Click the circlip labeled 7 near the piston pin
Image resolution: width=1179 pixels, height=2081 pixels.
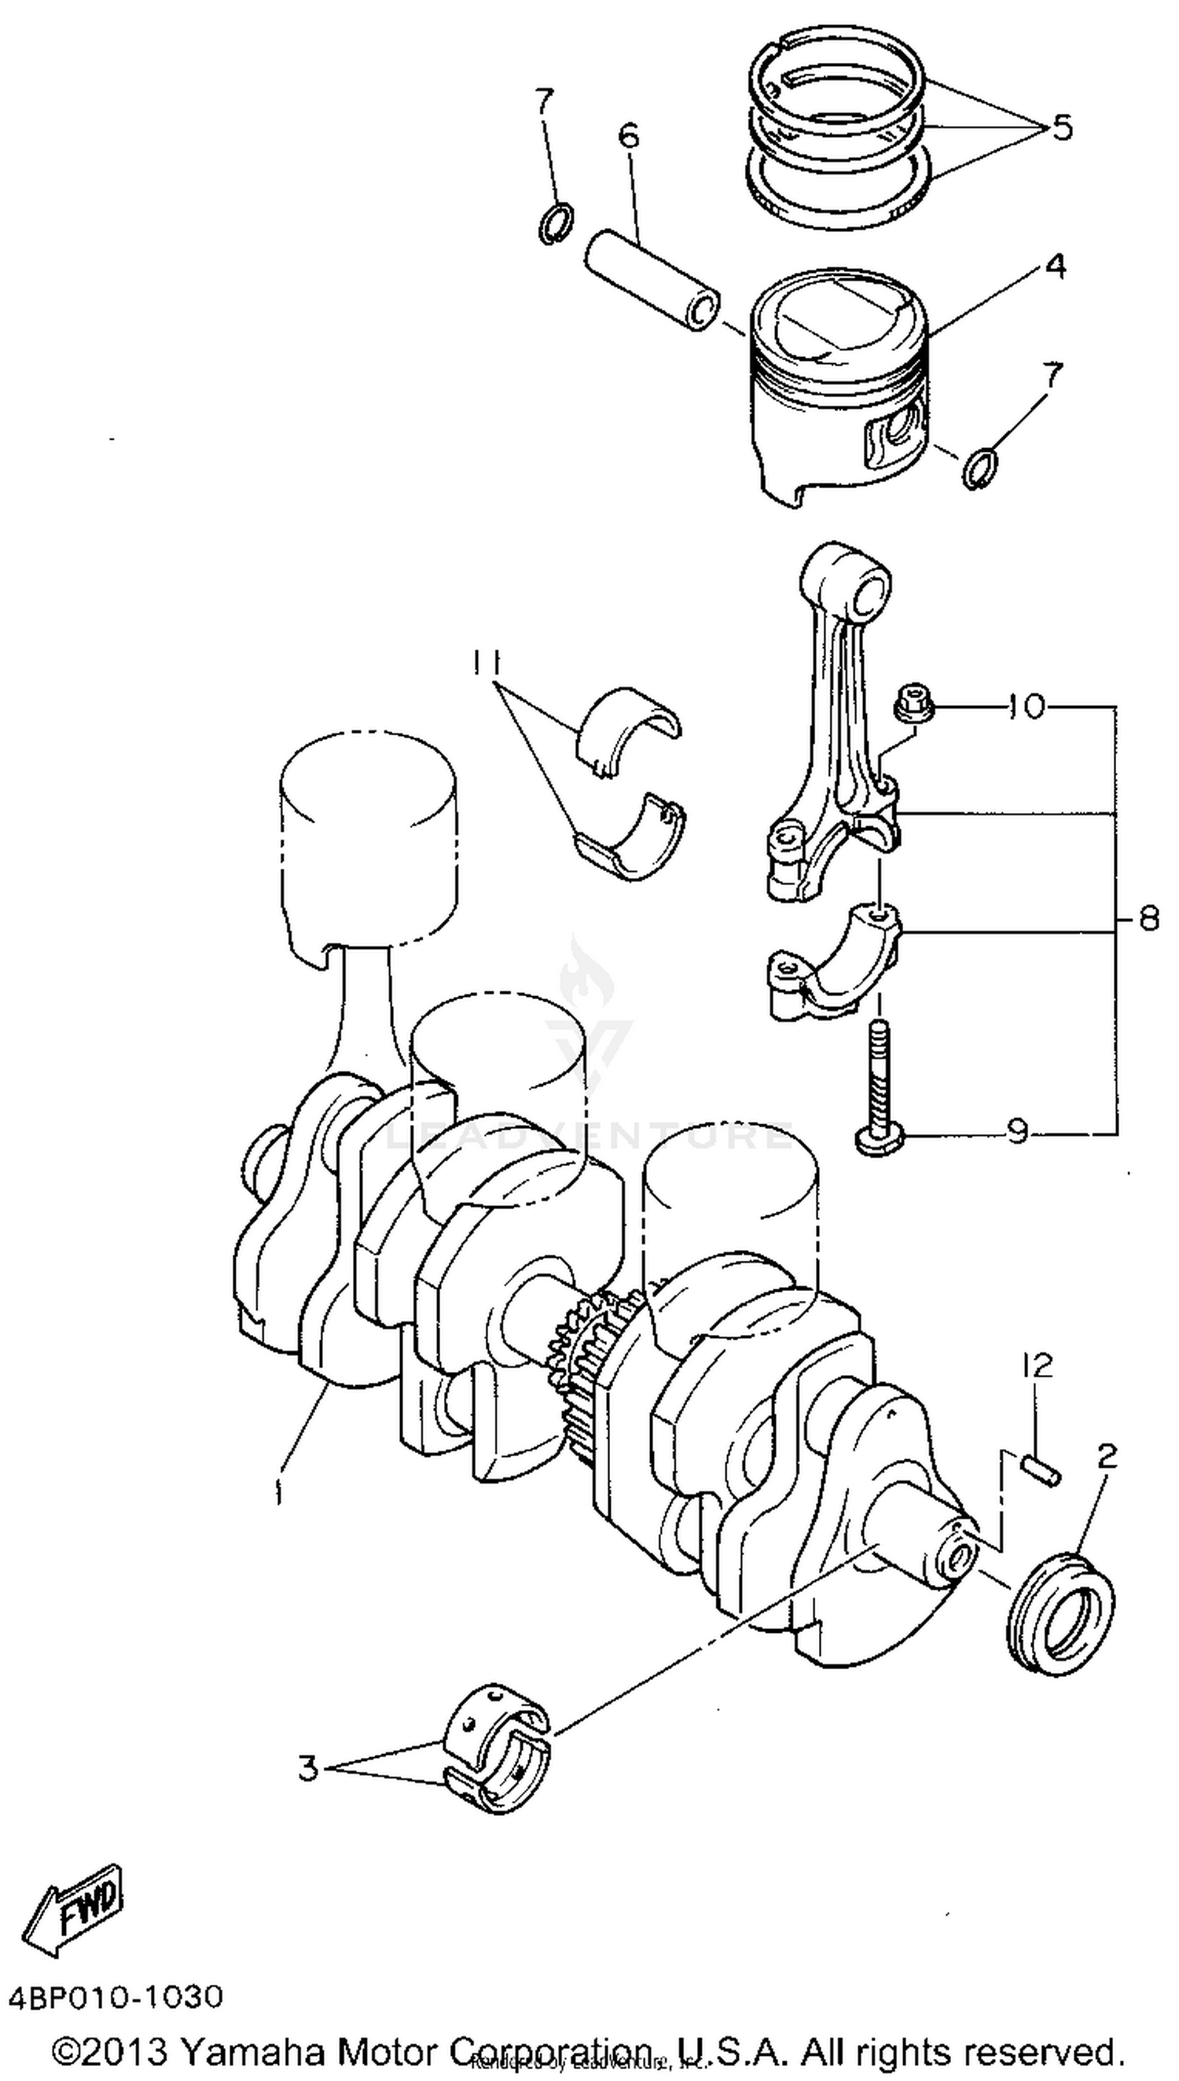coord(557,224)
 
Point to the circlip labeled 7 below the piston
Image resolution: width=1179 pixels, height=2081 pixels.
coord(980,468)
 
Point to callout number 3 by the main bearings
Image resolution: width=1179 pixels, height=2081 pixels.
coord(309,1767)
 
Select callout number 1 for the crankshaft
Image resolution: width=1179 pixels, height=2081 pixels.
coord(278,1491)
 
